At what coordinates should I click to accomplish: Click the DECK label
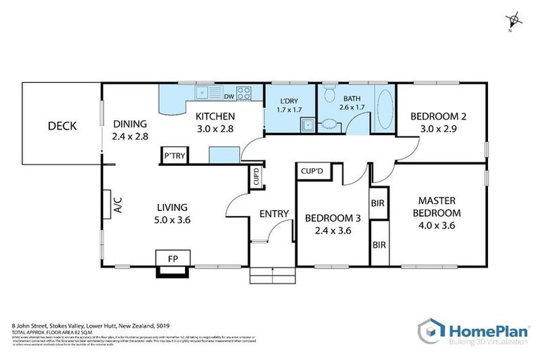tap(62, 127)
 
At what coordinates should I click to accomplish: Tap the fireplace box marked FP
tap(172, 259)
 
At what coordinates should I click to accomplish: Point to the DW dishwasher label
tap(229, 96)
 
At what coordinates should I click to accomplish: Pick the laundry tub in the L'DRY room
tap(307, 126)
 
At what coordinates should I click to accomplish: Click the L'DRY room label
tap(288, 99)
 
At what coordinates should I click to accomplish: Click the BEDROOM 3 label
tap(333, 219)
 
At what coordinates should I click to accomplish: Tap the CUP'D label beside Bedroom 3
tap(311, 171)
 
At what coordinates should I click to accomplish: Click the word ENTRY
tap(274, 214)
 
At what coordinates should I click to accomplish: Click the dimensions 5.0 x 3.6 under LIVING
tap(172, 220)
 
